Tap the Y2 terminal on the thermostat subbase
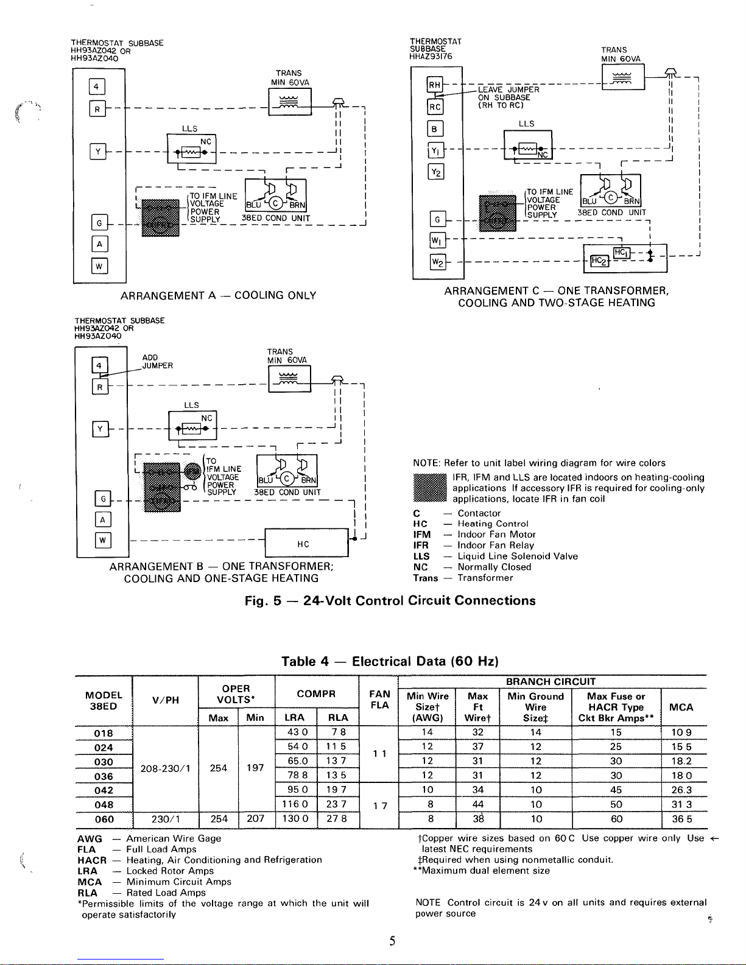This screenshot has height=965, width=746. [x=436, y=172]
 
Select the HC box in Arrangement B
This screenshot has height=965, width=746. [x=303, y=544]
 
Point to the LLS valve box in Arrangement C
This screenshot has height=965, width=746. [x=527, y=144]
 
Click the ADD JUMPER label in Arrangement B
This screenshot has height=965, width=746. [x=157, y=362]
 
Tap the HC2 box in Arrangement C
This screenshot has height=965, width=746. [x=598, y=261]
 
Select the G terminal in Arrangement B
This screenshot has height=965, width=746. [x=103, y=499]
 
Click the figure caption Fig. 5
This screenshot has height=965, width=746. [x=390, y=601]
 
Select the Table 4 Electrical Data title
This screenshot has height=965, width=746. [x=390, y=661]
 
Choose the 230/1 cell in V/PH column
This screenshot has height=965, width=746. [x=165, y=819]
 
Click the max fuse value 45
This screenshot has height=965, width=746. [x=616, y=790]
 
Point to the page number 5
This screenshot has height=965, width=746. [x=392, y=941]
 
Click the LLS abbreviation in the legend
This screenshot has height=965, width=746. [x=421, y=556]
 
